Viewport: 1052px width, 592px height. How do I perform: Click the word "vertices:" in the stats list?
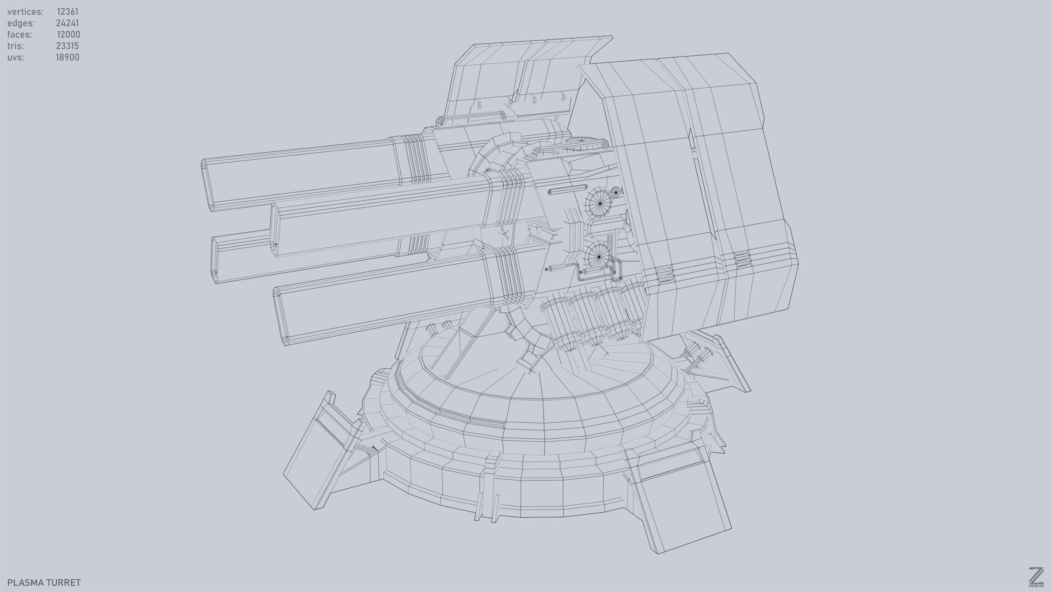[25, 11]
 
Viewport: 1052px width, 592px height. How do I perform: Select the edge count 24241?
[67, 23]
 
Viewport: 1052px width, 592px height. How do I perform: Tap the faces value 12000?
[68, 34]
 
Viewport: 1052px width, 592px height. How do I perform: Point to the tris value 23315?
[67, 46]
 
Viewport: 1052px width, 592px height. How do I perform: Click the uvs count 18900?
[67, 57]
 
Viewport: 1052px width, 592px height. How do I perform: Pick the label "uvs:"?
[15, 57]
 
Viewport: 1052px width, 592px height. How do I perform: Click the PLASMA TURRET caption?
[44, 582]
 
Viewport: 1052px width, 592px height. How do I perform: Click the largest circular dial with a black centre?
[599, 203]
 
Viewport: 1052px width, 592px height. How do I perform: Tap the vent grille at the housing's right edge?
[741, 259]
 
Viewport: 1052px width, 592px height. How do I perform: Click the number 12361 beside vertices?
[67, 11]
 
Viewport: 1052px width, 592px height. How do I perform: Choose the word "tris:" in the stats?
[15, 46]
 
